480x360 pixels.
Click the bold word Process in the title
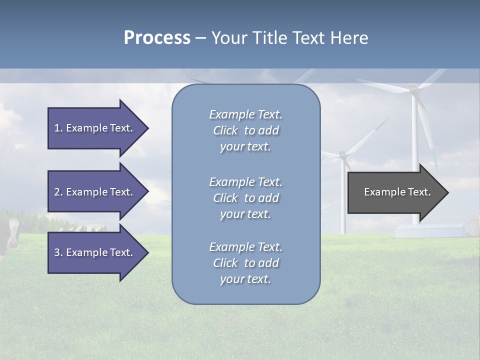157,38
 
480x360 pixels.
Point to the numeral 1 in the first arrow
56,128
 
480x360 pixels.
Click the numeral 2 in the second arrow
56,192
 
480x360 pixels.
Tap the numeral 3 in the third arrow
56,252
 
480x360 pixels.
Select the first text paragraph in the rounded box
245,130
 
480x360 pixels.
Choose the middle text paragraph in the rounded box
245,198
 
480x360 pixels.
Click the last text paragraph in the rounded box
245,263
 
